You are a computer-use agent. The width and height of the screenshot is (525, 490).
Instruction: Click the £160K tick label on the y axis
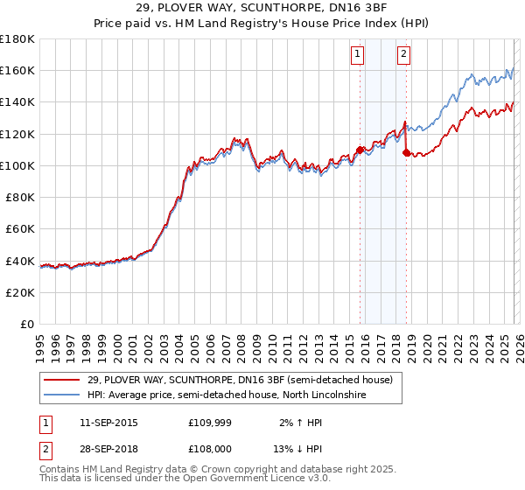(17, 70)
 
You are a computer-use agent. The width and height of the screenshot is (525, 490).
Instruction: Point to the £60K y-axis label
(20, 228)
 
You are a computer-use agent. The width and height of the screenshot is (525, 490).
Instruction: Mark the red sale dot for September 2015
(360, 150)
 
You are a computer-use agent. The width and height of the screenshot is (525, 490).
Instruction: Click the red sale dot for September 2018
(406, 152)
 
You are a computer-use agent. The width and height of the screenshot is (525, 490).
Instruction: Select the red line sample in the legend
(63, 381)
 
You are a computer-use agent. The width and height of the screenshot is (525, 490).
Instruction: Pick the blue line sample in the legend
(63, 395)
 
